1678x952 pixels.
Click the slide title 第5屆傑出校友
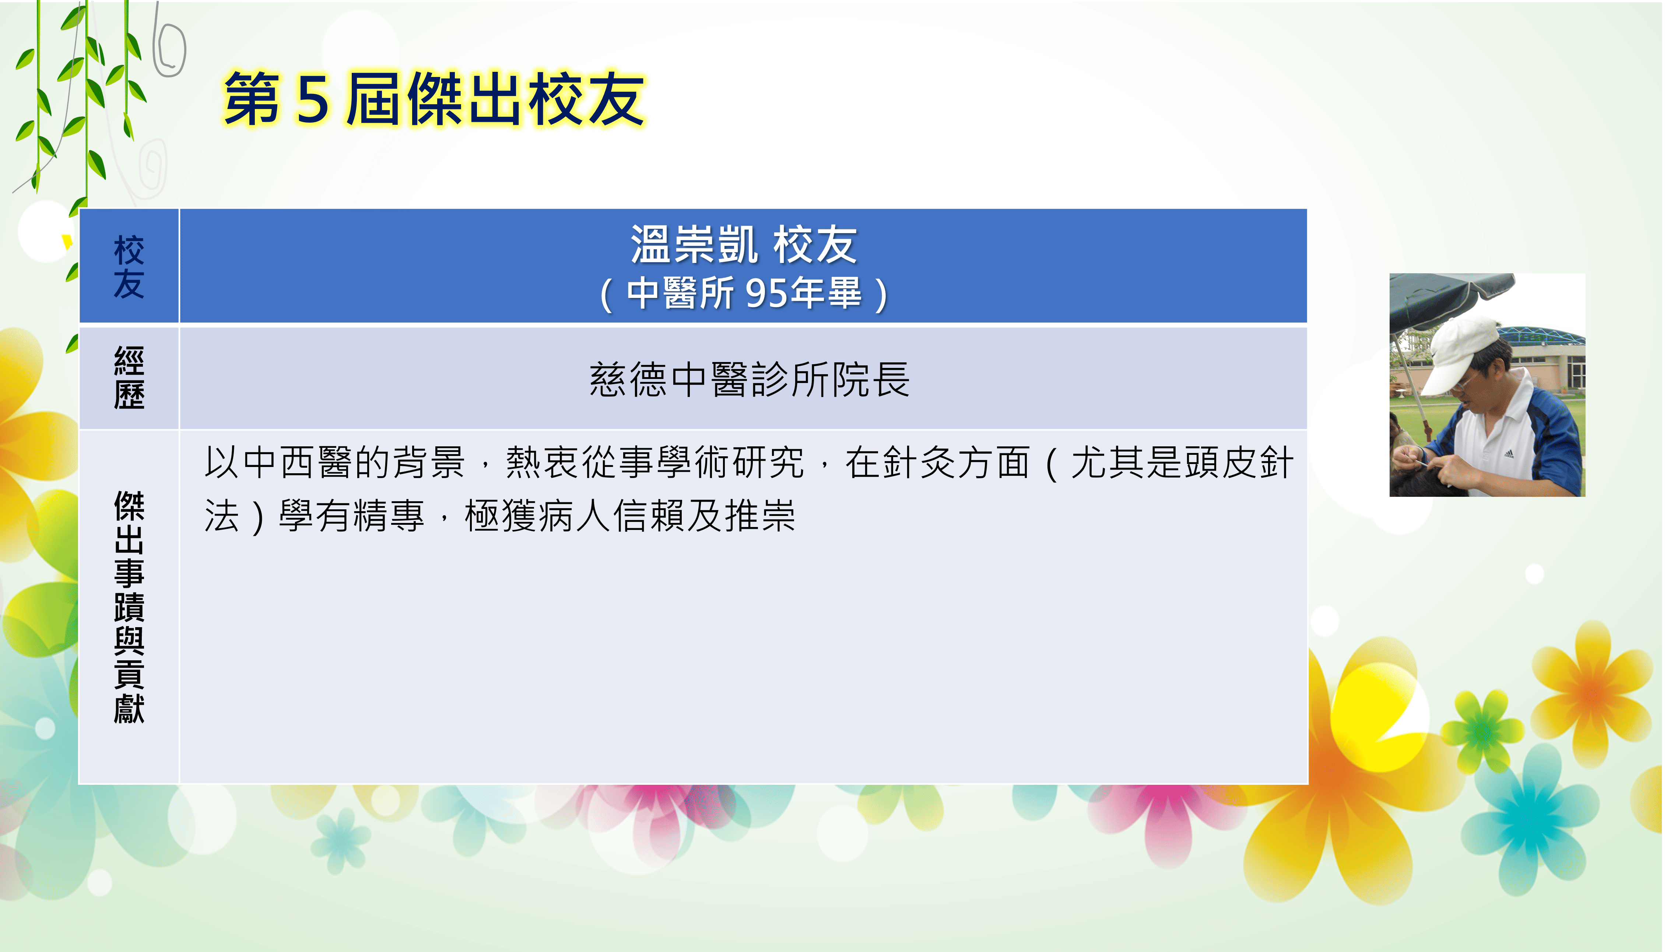(434, 99)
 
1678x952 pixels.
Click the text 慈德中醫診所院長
(749, 379)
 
